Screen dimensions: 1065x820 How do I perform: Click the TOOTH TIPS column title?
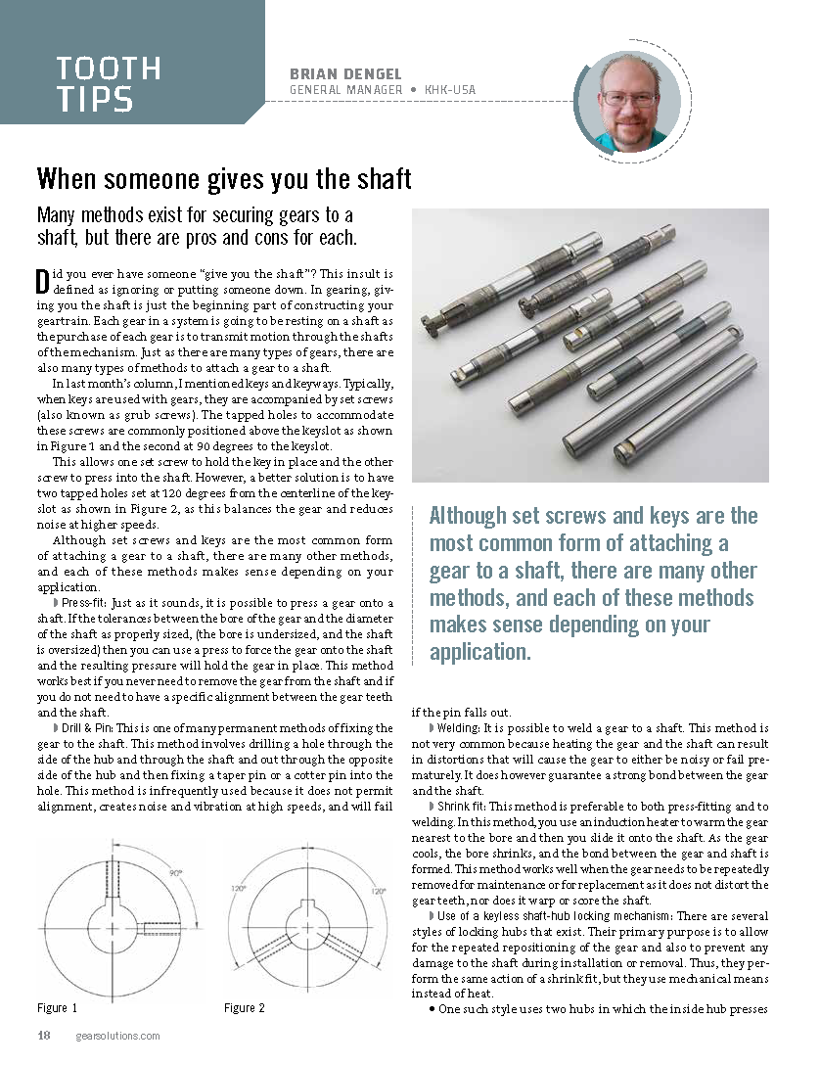click(108, 83)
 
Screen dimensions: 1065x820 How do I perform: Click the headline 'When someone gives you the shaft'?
click(224, 180)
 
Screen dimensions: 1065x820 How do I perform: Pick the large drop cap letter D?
click(42, 281)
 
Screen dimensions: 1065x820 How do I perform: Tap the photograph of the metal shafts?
click(590, 345)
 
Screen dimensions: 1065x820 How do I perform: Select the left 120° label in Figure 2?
click(238, 892)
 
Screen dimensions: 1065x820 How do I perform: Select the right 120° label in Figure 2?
click(380, 892)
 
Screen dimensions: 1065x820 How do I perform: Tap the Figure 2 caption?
click(245, 1008)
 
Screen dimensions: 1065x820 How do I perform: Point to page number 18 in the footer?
click(44, 1037)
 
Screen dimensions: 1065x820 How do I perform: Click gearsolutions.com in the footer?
click(117, 1037)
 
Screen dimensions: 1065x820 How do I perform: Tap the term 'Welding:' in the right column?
click(458, 729)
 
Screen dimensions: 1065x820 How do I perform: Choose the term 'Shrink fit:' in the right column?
click(463, 806)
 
